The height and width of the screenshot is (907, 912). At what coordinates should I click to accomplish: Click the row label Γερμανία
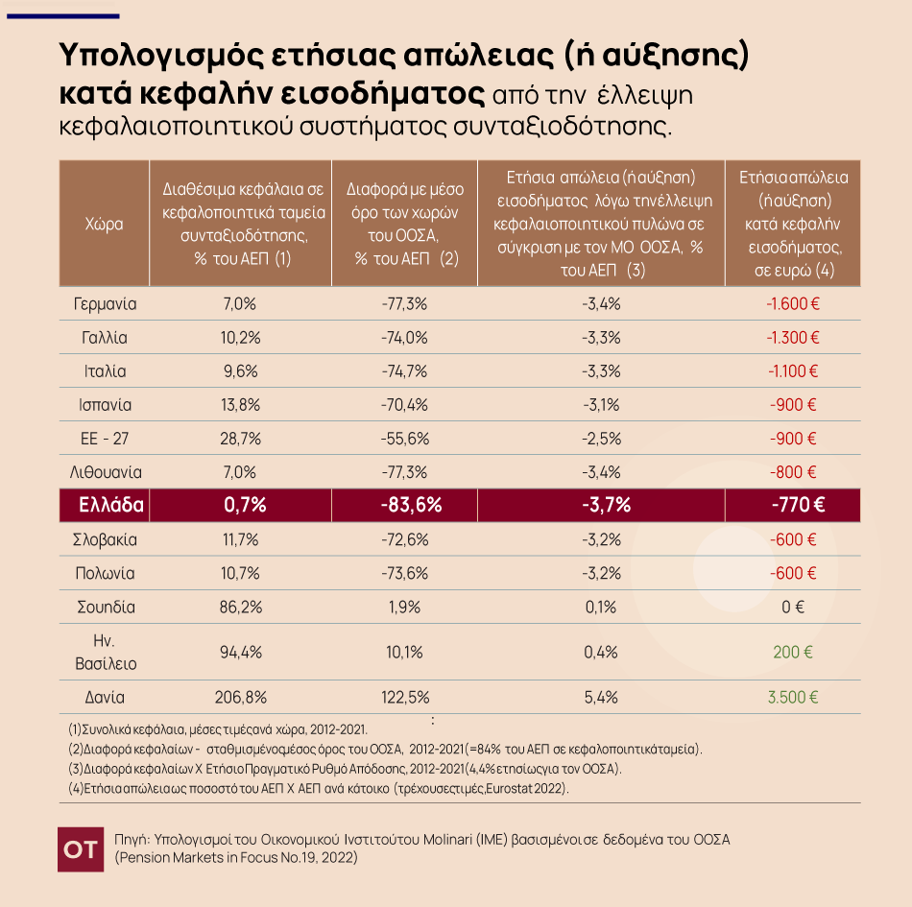click(105, 304)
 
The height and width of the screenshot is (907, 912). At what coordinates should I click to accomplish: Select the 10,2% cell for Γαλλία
click(240, 338)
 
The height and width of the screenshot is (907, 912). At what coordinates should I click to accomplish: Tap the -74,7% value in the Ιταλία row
click(403, 371)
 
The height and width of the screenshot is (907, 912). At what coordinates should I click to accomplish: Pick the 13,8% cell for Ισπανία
click(240, 405)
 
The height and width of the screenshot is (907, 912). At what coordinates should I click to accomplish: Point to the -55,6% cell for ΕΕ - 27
click(403, 439)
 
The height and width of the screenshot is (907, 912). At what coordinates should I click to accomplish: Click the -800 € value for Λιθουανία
click(792, 472)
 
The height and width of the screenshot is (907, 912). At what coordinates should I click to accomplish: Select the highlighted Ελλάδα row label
click(105, 506)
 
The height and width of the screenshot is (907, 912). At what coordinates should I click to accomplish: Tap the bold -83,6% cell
click(403, 506)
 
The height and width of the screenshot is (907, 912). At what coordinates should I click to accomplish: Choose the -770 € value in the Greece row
click(792, 506)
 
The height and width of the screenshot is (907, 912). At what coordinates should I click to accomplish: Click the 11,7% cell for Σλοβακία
click(240, 539)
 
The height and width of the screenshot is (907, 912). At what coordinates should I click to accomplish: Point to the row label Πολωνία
click(105, 573)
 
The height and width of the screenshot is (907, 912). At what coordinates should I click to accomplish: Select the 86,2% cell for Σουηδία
click(240, 607)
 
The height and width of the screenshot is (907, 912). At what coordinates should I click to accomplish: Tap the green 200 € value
click(793, 653)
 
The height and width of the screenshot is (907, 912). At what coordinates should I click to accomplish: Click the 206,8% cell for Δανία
click(240, 698)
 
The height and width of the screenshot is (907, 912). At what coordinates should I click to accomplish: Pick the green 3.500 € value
click(792, 698)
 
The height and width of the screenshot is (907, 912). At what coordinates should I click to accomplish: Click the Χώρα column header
click(105, 223)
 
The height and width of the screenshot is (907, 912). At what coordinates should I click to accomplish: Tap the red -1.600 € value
click(792, 304)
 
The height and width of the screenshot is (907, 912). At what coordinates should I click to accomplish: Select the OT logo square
click(80, 848)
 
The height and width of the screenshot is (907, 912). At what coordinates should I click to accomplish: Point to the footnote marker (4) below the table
click(75, 788)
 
